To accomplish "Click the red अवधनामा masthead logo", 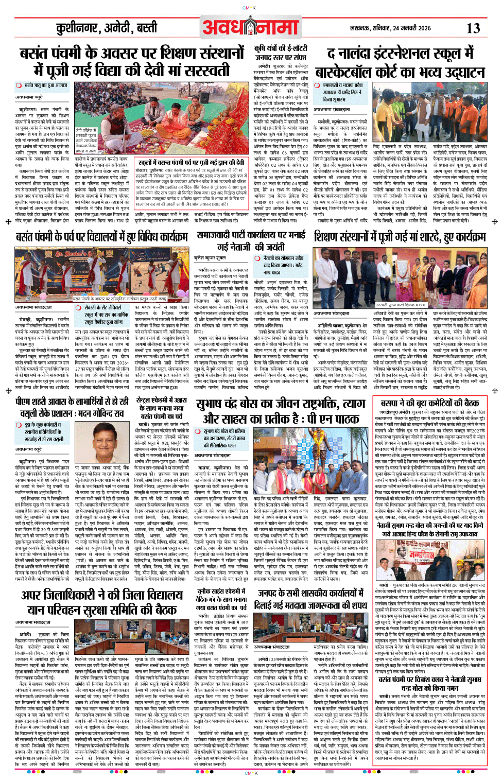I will [251, 27].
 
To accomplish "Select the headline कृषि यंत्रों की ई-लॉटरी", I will [281, 53].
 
